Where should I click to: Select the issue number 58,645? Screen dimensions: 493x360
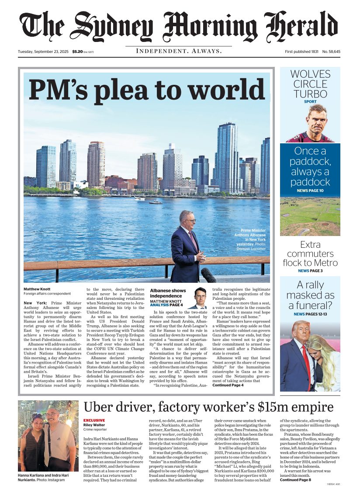(x=332, y=52)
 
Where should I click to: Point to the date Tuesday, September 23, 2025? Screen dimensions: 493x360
(x=43, y=52)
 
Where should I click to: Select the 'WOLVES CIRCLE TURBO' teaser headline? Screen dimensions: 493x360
(x=310, y=83)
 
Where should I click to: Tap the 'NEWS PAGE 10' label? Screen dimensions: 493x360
(x=310, y=191)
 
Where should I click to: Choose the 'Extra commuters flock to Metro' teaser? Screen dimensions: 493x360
(x=310, y=253)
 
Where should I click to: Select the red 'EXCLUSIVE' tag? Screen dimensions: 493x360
(x=94, y=420)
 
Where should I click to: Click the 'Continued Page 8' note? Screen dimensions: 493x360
(x=295, y=479)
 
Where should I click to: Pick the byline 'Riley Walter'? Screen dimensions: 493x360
(x=94, y=424)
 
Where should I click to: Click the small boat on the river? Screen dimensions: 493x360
(x=156, y=202)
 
